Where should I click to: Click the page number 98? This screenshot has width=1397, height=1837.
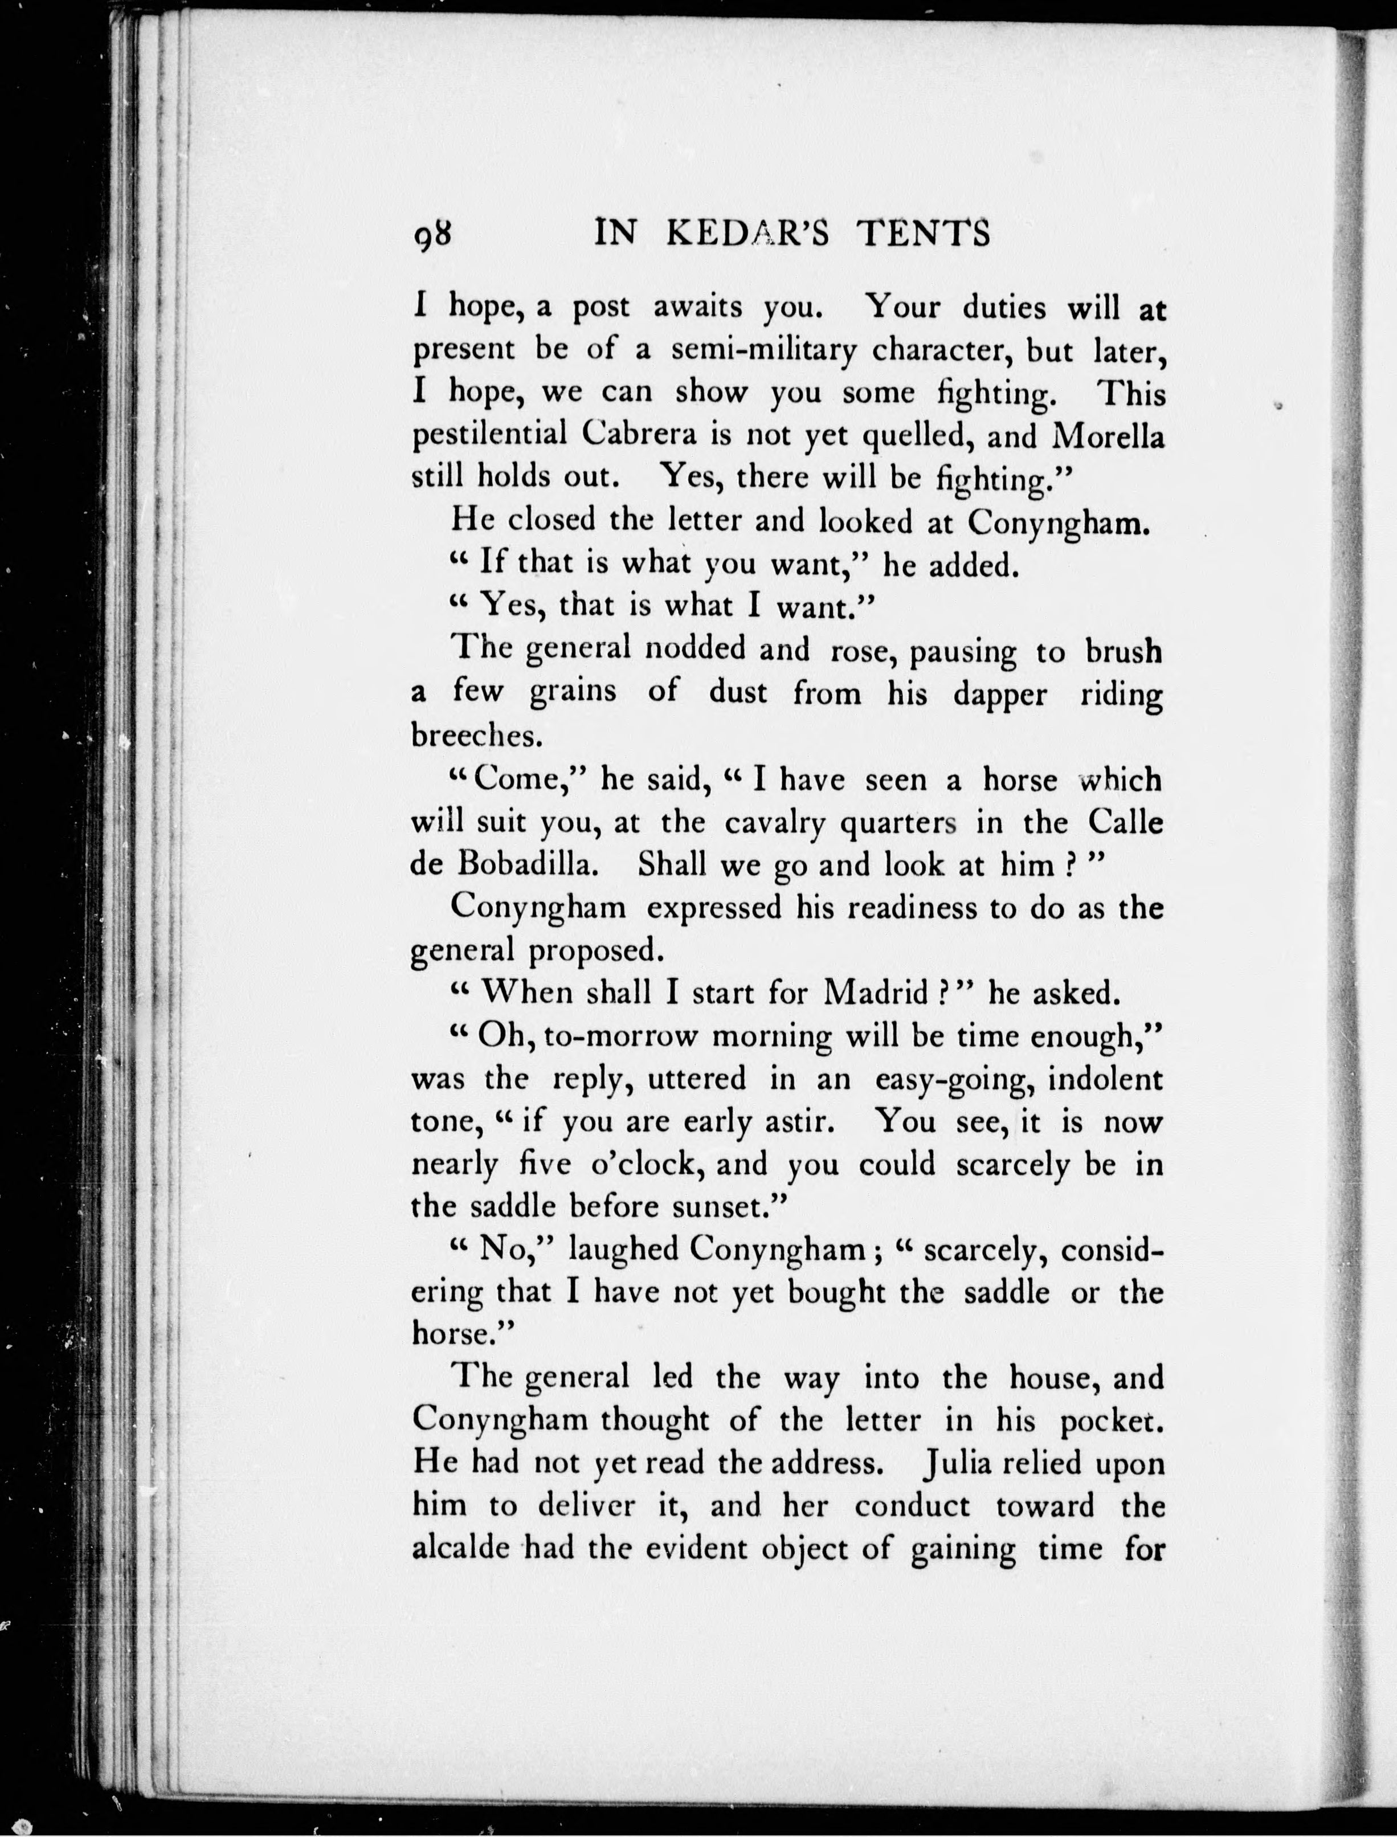433,235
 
